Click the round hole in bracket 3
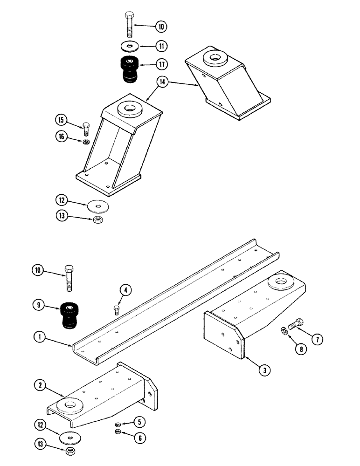tap(281, 281)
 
